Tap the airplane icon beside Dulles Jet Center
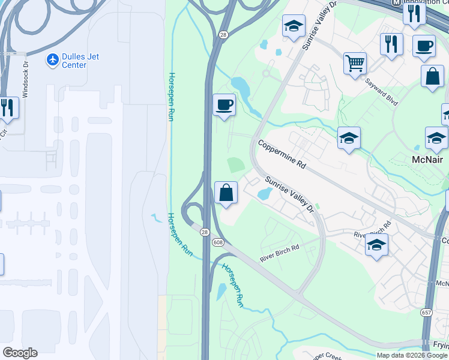(53, 60)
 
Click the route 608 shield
(217, 241)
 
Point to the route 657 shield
(426, 313)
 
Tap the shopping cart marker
(355, 62)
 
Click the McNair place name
(427, 160)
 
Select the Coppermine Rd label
(282, 155)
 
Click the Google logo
(20, 353)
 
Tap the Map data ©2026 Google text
(412, 355)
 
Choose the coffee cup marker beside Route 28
(224, 105)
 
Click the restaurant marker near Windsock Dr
(8, 107)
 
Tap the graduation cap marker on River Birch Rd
(376, 245)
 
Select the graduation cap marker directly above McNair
(436, 138)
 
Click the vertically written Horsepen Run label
(171, 96)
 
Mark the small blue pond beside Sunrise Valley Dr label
(264, 194)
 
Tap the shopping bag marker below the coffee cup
(432, 77)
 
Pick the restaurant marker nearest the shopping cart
(391, 44)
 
